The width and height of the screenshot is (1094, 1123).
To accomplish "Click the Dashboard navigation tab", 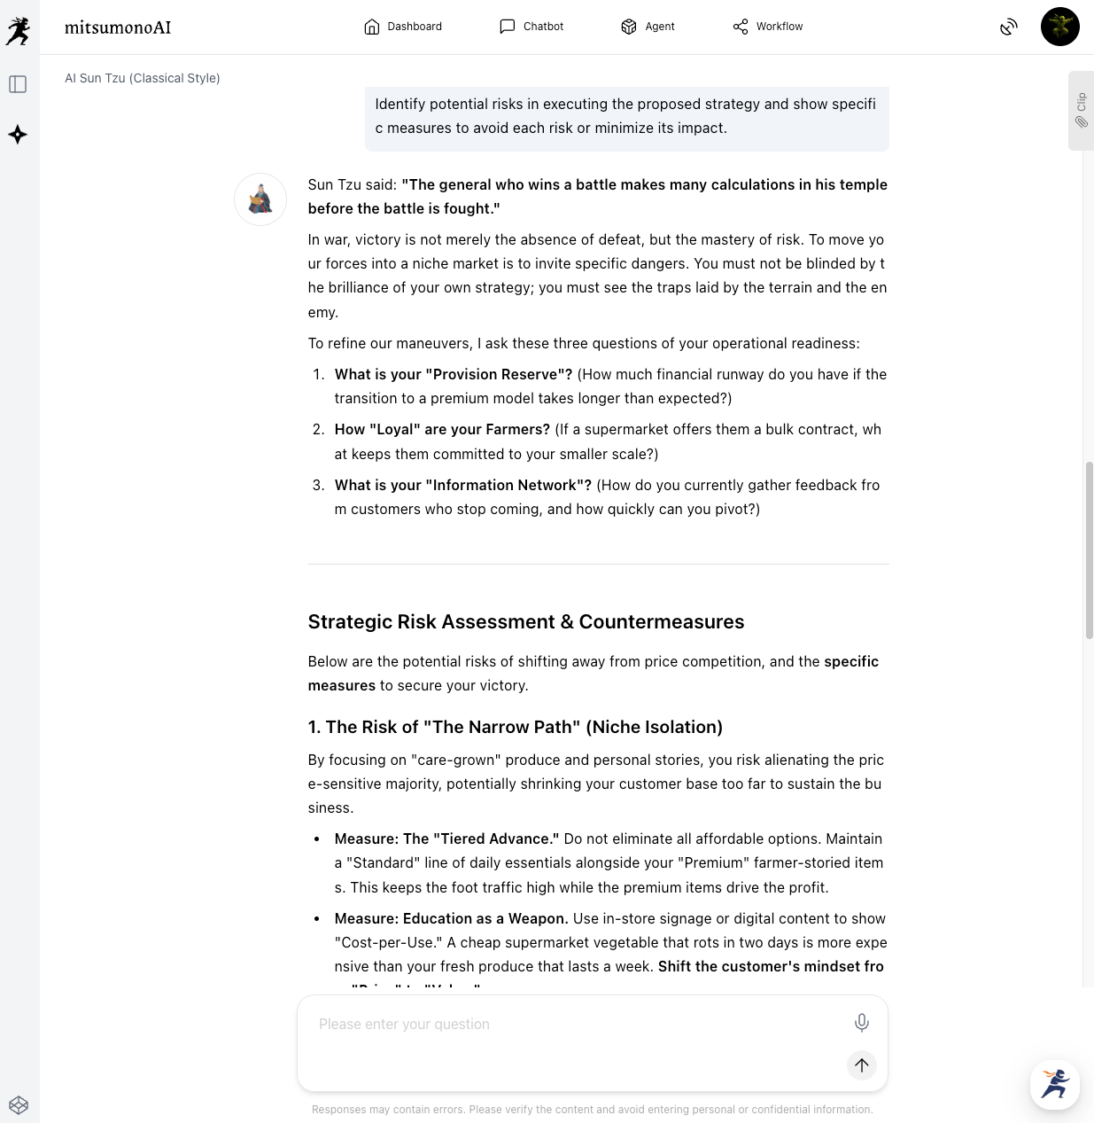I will tap(403, 27).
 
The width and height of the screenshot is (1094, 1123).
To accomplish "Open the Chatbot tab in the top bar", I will tap(531, 27).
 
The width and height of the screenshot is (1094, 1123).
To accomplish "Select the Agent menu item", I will tap(648, 27).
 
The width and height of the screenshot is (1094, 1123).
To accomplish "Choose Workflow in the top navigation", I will tap(767, 27).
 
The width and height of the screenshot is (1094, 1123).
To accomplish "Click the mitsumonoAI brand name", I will tap(118, 27).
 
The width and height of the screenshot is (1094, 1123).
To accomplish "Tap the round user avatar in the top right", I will tap(1059, 27).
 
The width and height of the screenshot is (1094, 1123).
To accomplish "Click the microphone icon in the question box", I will tap(861, 1023).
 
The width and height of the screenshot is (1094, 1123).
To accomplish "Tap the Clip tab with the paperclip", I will tap(1081, 111).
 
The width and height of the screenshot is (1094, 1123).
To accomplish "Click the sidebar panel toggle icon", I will tap(18, 84).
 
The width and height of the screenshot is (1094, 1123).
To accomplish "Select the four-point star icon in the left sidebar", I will tap(18, 135).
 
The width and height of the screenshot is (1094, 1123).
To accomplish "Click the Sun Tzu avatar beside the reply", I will tap(260, 199).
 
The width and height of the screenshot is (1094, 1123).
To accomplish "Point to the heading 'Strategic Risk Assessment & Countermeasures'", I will tap(525, 622).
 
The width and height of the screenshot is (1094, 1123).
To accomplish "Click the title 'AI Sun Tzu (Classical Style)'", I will tap(143, 78).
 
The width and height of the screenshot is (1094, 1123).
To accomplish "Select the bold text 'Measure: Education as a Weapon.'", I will tap(451, 919).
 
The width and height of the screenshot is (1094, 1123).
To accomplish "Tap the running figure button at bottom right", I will tap(1054, 1084).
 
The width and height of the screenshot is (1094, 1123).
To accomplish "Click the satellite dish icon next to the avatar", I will tap(1009, 27).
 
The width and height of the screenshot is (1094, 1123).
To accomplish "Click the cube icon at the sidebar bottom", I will tap(19, 1105).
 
